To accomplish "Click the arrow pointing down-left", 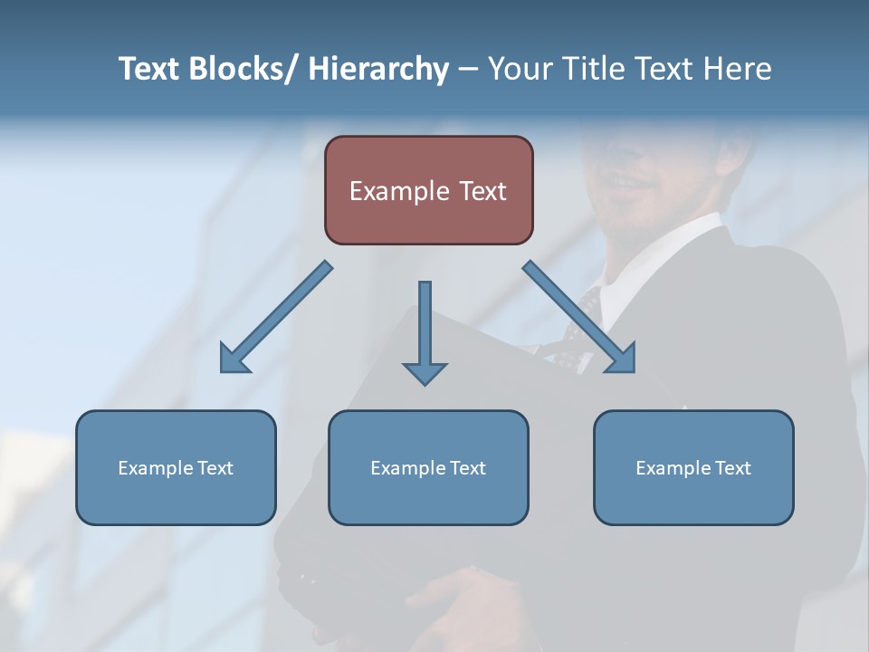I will pos(276,318).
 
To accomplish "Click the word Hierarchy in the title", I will pos(378,69).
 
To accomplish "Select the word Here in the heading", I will pos(737,69).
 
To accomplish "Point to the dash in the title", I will pos(468,69).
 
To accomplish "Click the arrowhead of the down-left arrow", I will pos(233,360).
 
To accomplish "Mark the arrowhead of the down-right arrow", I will pos(622,360).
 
